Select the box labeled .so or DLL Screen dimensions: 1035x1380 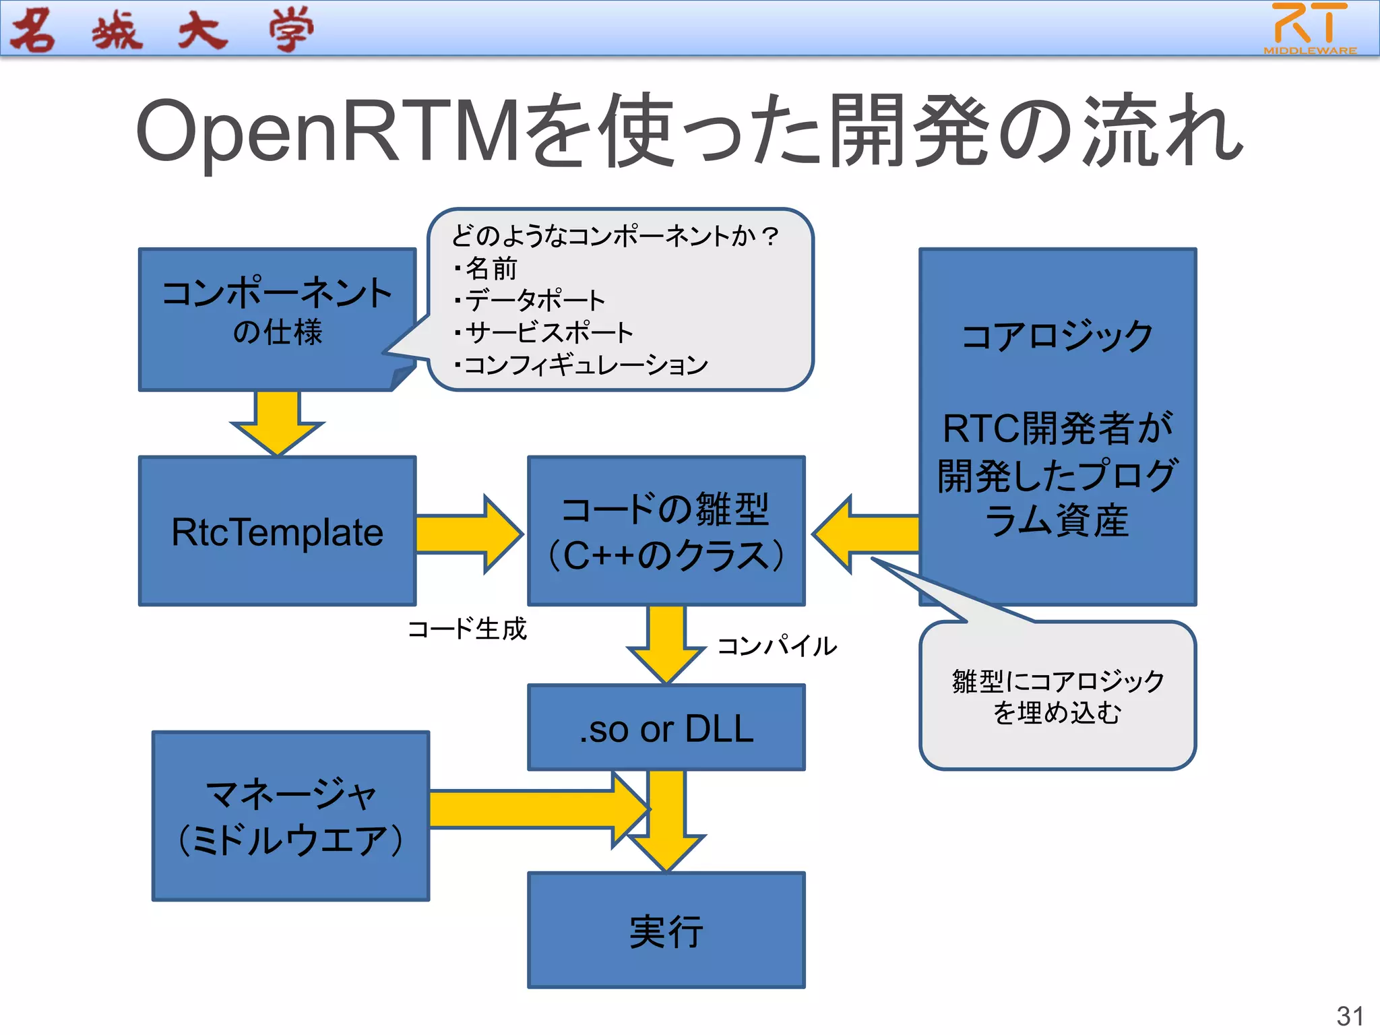666,728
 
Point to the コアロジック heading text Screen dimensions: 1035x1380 1057,336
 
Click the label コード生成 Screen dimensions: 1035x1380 467,629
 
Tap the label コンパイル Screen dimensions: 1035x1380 776,646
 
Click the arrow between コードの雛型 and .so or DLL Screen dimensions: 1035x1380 666,644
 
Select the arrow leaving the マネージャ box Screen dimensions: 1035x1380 526,809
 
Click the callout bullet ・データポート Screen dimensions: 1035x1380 530,301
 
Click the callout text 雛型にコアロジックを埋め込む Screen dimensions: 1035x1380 1057,696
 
